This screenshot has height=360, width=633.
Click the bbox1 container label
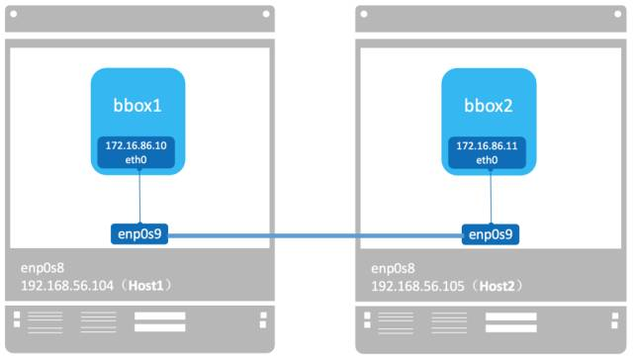(x=138, y=105)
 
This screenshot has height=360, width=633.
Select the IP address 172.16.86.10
(x=137, y=145)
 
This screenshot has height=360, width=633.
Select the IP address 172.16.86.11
(x=487, y=145)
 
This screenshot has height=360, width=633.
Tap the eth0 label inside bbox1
(x=137, y=159)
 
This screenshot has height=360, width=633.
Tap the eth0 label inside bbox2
(x=487, y=159)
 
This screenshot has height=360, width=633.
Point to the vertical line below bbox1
(x=139, y=198)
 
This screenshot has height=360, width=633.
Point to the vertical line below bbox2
(x=489, y=198)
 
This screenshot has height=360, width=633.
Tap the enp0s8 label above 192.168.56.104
(x=44, y=268)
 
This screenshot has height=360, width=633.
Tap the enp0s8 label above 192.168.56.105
(x=394, y=268)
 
